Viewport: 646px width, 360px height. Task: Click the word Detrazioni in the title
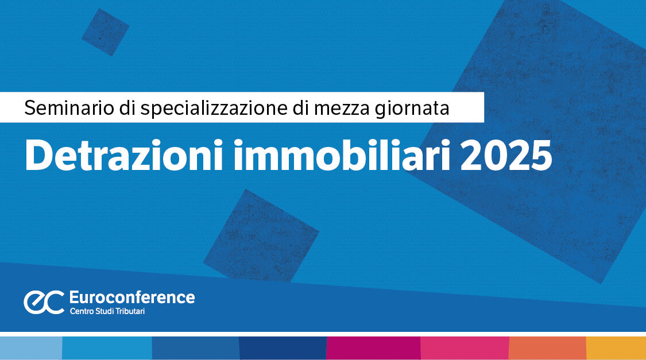(124, 155)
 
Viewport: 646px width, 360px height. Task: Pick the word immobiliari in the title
(342, 155)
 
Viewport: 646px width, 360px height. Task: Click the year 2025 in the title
(506, 156)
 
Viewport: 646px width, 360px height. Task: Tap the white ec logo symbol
(44, 302)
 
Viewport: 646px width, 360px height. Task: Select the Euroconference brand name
(132, 297)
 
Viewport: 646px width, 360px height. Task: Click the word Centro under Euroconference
(82, 311)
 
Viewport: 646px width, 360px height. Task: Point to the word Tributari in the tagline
(130, 311)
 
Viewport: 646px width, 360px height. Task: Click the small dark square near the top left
(106, 32)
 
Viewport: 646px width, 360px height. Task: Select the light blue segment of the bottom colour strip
(31, 348)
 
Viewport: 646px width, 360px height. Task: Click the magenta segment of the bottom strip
(374, 348)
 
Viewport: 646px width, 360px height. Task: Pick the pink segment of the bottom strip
(465, 348)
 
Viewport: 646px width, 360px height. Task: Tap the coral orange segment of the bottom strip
(548, 348)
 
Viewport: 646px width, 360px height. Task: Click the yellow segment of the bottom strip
(616, 348)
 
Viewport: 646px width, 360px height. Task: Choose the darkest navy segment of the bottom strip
(283, 348)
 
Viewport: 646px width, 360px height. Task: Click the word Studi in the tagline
(105, 311)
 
